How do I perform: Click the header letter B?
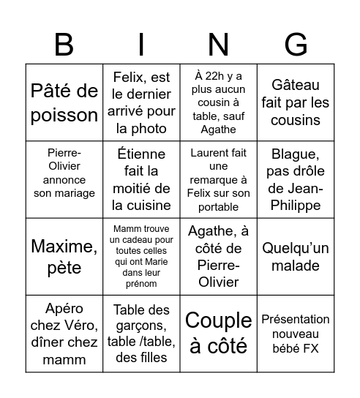coord(64,45)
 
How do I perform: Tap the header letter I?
coord(142,45)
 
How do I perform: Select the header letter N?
coord(219,45)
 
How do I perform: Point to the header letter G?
coord(296,45)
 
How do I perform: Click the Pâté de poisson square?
coord(64,102)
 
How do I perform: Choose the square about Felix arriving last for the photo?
coord(142,102)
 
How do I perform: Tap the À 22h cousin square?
coord(219,102)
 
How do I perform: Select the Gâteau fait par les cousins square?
coord(296,102)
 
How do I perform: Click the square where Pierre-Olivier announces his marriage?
coord(64,179)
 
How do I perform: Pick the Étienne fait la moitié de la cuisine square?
coord(142,179)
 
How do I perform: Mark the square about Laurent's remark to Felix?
coord(219,179)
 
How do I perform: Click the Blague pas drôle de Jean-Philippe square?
coord(296,179)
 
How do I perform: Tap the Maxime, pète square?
coord(64,256)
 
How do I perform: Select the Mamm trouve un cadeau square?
coord(142,256)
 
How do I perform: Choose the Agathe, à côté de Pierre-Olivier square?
coord(219,256)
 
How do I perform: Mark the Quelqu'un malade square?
coord(296,256)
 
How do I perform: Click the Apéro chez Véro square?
coord(64,333)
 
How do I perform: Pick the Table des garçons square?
coord(142,333)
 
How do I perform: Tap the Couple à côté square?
coord(219,333)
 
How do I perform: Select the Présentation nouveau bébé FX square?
coord(296,333)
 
